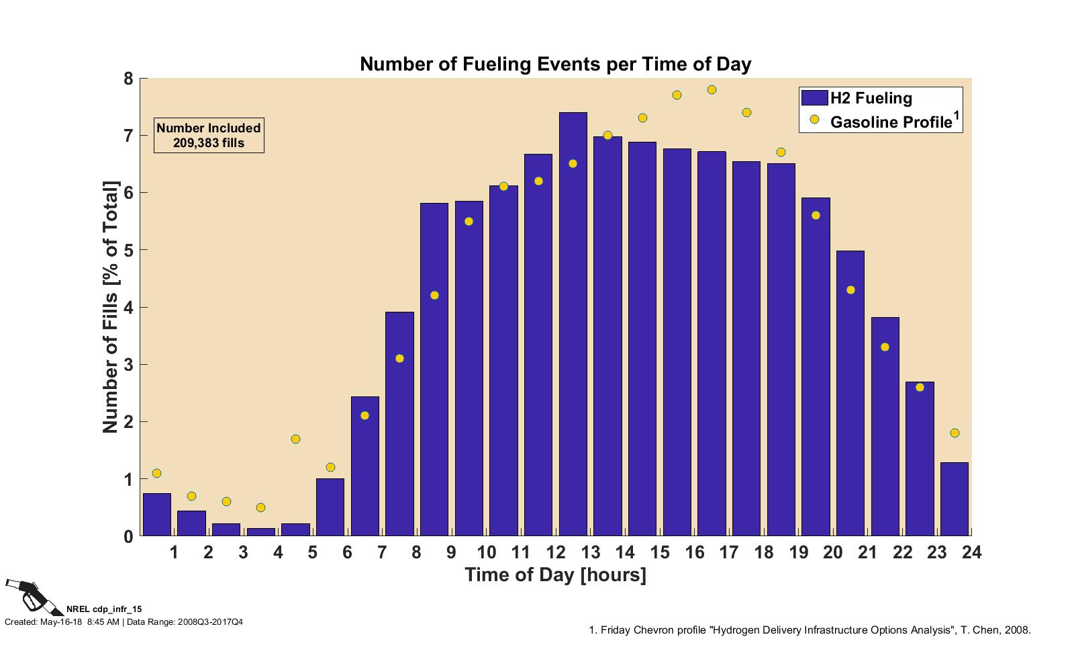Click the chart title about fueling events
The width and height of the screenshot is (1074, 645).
pyautogui.click(x=555, y=64)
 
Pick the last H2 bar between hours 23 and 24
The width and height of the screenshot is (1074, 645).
pyautogui.click(x=954, y=499)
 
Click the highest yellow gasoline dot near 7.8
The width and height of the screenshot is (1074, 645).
pyautogui.click(x=712, y=90)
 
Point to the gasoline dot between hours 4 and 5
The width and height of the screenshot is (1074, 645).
pyautogui.click(x=295, y=439)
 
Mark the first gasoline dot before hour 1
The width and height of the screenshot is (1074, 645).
pyautogui.click(x=156, y=474)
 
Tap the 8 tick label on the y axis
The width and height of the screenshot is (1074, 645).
pyautogui.click(x=128, y=79)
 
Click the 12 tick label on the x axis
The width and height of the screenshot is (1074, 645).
pyautogui.click(x=555, y=552)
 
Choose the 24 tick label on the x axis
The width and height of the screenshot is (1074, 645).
pyautogui.click(x=971, y=552)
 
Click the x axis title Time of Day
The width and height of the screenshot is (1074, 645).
pyautogui.click(x=555, y=575)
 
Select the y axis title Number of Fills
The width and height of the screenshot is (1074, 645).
pyautogui.click(x=110, y=307)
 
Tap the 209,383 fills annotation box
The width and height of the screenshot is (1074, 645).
pyautogui.click(x=209, y=136)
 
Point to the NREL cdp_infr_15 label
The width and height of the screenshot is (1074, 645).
pyautogui.click(x=104, y=609)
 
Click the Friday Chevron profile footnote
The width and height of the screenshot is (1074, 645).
pyautogui.click(x=810, y=630)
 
